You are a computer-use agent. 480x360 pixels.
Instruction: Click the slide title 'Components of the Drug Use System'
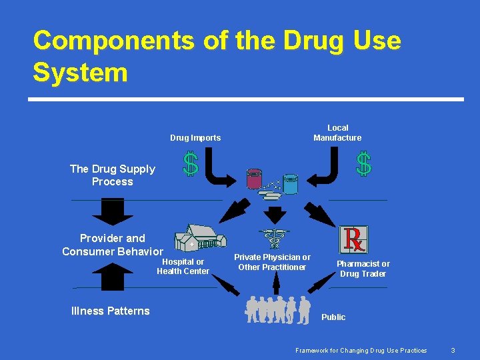pyautogui.click(x=217, y=56)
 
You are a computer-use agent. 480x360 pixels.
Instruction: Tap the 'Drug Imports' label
pyautogui.click(x=195, y=138)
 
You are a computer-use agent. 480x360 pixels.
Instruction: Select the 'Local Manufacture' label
pyautogui.click(x=337, y=133)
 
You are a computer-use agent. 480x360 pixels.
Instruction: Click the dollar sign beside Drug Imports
pyautogui.click(x=191, y=164)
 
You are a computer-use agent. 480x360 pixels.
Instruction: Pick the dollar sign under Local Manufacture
pyautogui.click(x=363, y=164)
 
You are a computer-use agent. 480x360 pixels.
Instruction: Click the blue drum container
pyautogui.click(x=290, y=183)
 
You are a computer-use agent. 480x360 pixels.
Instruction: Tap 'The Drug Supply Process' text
pyautogui.click(x=112, y=175)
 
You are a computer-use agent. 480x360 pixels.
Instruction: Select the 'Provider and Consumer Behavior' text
pyautogui.click(x=112, y=245)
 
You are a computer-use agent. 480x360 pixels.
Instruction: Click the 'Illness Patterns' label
pyautogui.click(x=110, y=311)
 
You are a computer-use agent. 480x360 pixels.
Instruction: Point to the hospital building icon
pyautogui.click(x=200, y=237)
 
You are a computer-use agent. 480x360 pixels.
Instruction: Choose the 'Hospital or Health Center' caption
pyautogui.click(x=183, y=266)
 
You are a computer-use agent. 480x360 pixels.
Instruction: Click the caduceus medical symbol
pyautogui.click(x=273, y=239)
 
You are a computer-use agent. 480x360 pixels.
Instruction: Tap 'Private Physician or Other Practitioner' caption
pyautogui.click(x=272, y=262)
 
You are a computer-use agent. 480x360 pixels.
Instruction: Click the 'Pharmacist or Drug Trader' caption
pyautogui.click(x=363, y=269)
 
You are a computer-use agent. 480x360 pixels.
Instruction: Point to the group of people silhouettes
pyautogui.click(x=278, y=309)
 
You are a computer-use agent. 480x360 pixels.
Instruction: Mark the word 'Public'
pyautogui.click(x=333, y=317)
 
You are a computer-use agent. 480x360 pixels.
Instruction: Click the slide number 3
pyautogui.click(x=453, y=350)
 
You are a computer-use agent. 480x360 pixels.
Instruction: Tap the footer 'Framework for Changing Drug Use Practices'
pyautogui.click(x=361, y=350)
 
